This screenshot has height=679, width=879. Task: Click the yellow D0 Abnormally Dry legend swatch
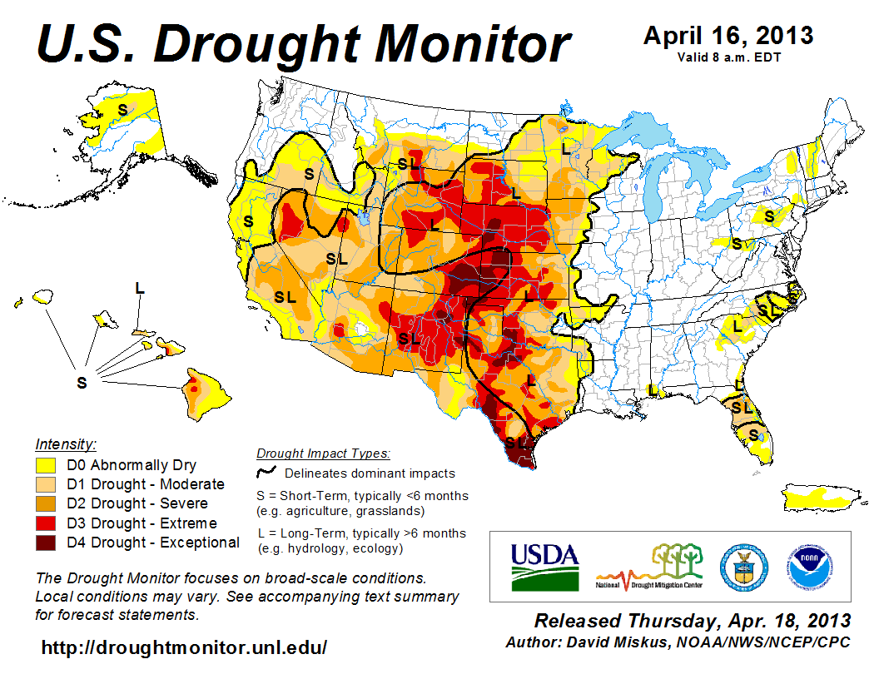tap(46, 465)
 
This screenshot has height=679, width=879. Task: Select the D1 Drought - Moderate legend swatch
tap(46, 484)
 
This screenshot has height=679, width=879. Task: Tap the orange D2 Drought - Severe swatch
tap(46, 503)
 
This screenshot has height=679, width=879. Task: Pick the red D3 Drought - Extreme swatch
tap(46, 523)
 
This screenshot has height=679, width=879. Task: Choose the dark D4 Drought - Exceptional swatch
tap(46, 543)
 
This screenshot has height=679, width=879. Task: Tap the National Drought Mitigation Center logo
tap(649, 566)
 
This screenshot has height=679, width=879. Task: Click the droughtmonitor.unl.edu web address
tap(184, 647)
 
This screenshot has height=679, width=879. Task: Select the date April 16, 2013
tap(728, 37)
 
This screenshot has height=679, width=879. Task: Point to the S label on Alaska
tap(122, 108)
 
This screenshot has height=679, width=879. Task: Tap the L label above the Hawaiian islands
tap(139, 288)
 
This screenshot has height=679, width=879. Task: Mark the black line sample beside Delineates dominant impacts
tap(266, 472)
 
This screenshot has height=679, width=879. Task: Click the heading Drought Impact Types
tap(323, 453)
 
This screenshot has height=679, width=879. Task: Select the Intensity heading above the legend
tap(66, 444)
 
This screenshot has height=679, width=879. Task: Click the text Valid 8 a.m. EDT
tap(728, 57)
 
